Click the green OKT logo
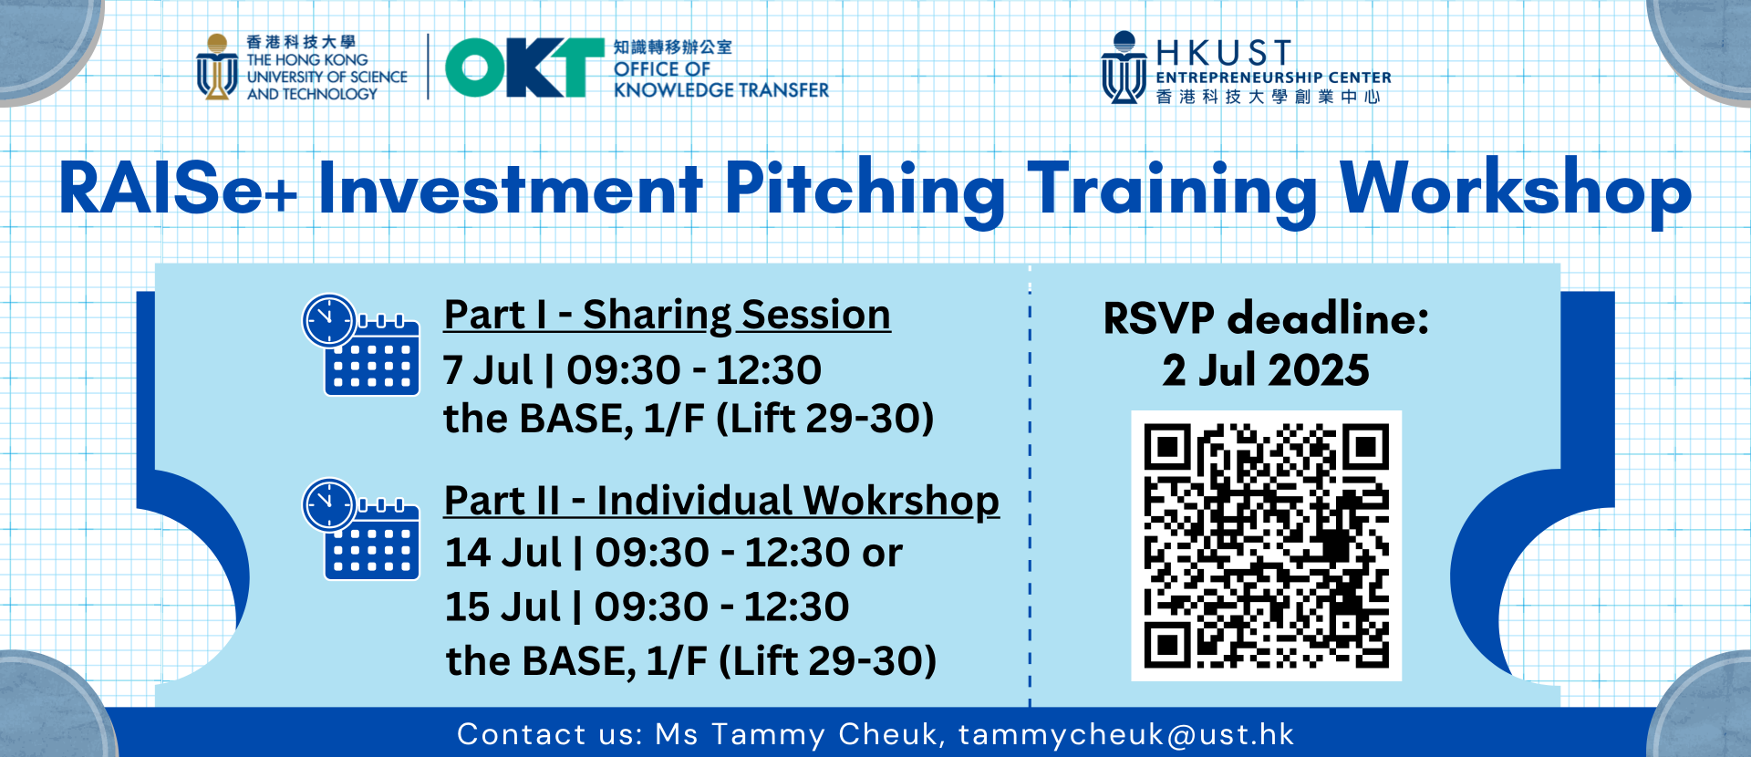524,67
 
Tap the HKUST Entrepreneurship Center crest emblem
1124,67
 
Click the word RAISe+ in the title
178,189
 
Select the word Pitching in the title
865,192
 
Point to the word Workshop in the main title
1516,192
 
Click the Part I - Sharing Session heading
667,315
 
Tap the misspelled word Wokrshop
901,501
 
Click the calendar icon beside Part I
361,345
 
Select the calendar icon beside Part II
361,529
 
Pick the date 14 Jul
503,553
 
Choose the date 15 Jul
503,607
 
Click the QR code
1266,545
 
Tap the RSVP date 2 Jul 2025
1266,370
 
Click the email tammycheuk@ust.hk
1126,735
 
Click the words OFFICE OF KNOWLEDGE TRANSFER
720,79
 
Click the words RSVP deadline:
1266,318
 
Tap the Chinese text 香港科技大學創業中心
1268,97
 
